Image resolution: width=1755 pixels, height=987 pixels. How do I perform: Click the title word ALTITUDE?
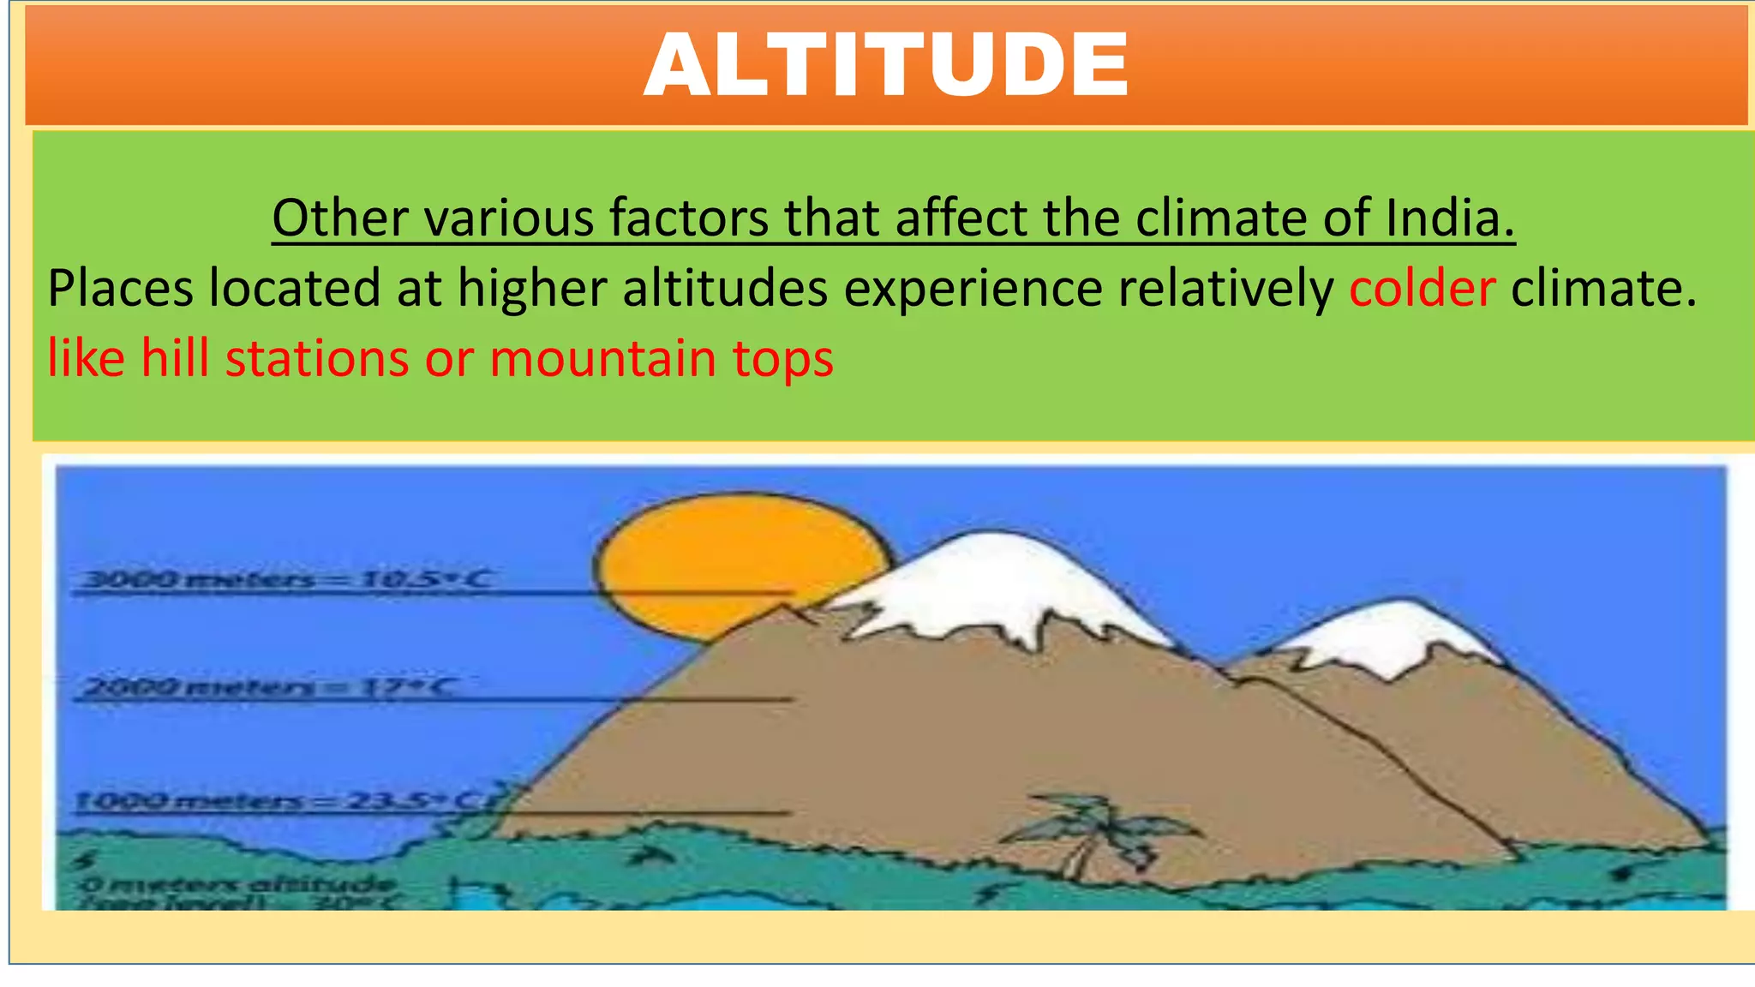tap(886, 65)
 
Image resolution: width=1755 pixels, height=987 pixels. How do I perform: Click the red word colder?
tap(1422, 288)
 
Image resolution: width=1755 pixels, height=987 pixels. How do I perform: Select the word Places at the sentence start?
tap(119, 288)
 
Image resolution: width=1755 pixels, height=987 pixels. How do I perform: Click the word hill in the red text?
tap(175, 357)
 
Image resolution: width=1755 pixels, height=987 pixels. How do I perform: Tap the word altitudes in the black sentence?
tap(725, 288)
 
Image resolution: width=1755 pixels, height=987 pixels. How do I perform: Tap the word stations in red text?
tap(317, 357)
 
